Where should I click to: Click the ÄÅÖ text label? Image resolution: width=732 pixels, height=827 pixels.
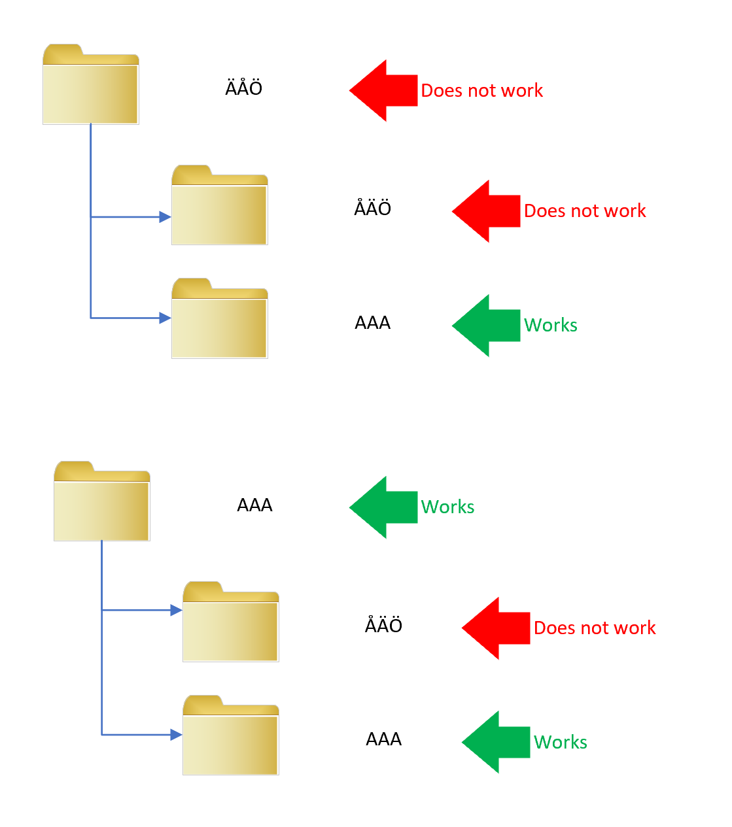pos(244,88)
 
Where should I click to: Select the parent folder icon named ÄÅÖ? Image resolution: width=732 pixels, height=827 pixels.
pos(91,85)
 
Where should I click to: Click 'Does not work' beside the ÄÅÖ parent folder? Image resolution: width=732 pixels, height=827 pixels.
pos(481,91)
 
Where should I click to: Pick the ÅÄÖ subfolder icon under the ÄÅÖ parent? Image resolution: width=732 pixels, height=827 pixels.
pos(220,206)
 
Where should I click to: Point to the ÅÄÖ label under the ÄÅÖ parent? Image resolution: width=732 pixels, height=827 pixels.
pos(373,209)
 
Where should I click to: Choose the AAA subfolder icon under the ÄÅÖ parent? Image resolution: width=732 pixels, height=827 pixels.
pos(220,320)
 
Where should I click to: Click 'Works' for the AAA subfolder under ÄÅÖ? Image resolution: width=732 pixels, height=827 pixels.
pos(551,326)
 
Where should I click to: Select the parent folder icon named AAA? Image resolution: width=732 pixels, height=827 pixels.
pos(102,502)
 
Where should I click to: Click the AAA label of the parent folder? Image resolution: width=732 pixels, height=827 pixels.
pos(254,505)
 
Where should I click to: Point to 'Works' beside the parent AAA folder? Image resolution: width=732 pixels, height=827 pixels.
pos(448,507)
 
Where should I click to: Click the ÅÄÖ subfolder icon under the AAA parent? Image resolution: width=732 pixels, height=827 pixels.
pos(231,622)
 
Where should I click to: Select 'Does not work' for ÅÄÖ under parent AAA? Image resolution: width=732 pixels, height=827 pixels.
pos(595,628)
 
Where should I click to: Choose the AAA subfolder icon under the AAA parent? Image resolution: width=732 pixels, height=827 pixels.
pos(231,736)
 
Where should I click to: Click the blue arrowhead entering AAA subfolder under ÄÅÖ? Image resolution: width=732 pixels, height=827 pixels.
pos(165,318)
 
